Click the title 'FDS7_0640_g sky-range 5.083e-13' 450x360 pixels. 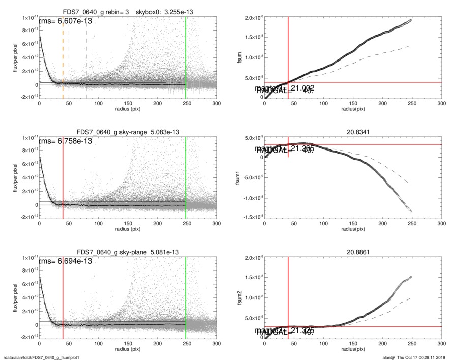coord(128,132)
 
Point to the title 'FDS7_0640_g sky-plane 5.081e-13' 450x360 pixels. coord(128,252)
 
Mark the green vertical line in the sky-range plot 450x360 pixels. coord(186,173)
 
